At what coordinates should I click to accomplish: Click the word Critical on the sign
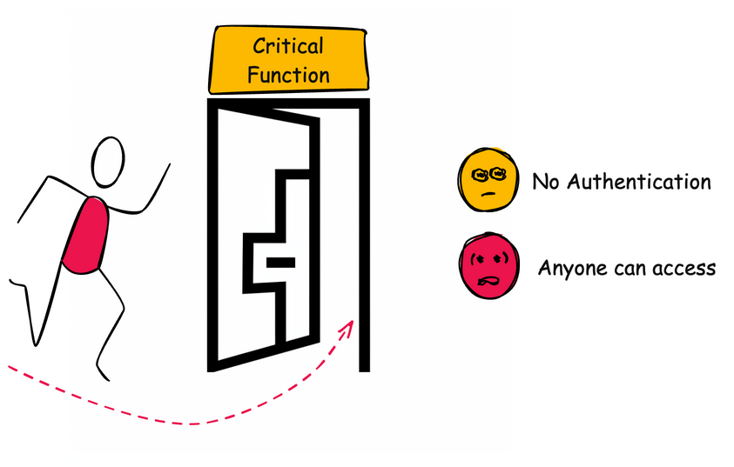pos(287,46)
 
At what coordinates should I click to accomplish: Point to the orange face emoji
pos(488,180)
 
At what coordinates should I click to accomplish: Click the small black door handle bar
pos(280,261)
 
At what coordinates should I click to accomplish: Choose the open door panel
pos(261,235)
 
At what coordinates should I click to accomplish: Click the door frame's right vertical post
pos(364,235)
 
